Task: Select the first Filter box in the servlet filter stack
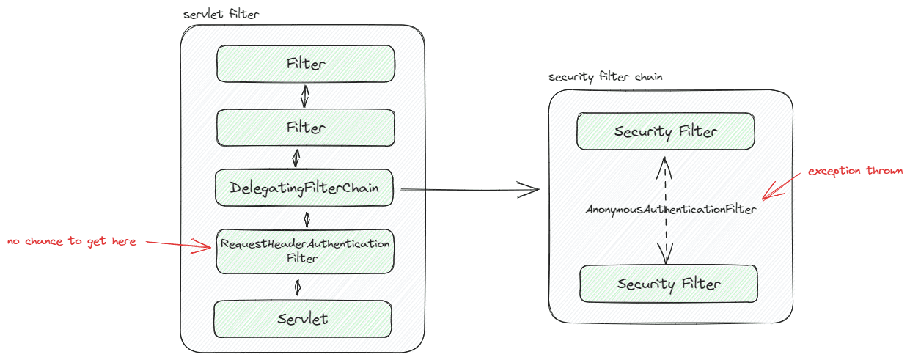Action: [306, 64]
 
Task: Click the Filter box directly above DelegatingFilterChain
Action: [306, 128]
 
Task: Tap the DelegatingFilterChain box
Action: [306, 188]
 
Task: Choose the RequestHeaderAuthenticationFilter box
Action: [306, 251]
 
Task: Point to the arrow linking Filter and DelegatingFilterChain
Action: [297, 158]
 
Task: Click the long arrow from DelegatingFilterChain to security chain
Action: [469, 190]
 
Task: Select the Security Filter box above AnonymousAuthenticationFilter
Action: [666, 132]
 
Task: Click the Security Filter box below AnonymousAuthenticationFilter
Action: [668, 284]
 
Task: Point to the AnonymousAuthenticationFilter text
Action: [670, 210]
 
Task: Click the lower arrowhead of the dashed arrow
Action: [667, 257]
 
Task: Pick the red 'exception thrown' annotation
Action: [855, 171]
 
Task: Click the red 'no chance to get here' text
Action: [71, 241]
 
